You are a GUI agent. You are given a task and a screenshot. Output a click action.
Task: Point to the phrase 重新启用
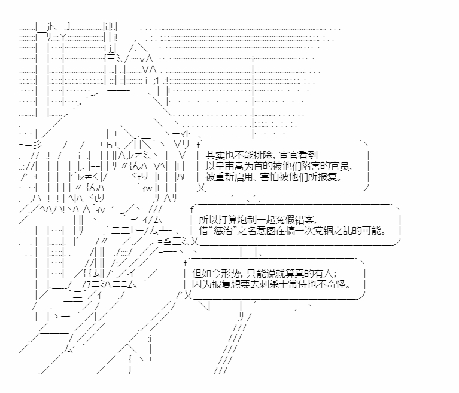(236, 177)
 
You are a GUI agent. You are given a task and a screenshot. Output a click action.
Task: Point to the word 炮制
(247, 219)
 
